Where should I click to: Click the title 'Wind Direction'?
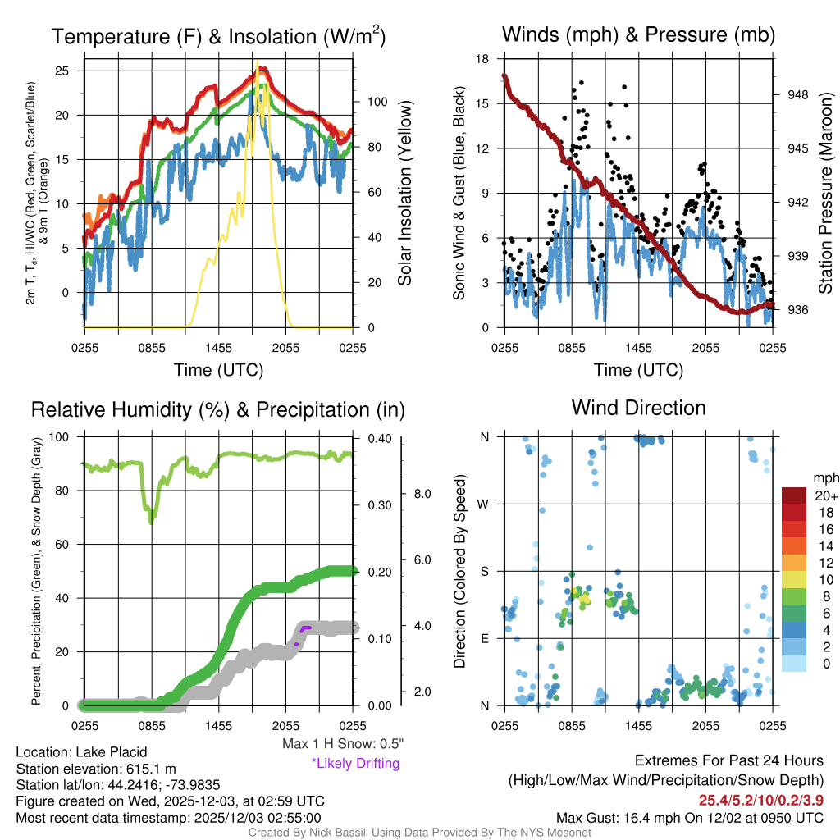638,408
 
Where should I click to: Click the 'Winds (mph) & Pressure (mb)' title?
638,34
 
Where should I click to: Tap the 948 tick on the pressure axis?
798,94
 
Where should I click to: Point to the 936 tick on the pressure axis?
798,309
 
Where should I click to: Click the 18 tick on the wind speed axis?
483,59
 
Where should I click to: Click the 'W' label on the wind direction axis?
485,504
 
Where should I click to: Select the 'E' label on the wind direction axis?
485,638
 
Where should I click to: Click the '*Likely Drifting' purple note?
355,763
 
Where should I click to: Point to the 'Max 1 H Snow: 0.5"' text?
342,744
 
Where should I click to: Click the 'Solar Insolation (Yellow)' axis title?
405,193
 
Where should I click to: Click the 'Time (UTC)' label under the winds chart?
638,370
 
